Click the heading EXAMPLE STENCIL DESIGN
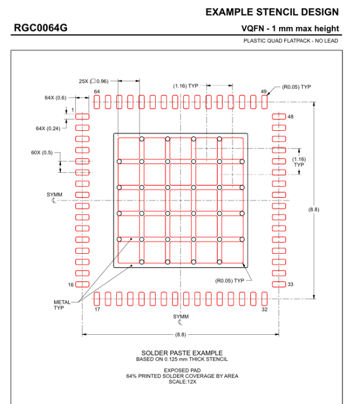[271, 12]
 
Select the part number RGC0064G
[41, 28]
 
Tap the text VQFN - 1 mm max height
[290, 29]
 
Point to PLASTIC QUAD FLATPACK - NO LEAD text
[291, 41]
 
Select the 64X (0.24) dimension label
[48, 128]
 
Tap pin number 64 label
[97, 91]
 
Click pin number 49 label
[263, 91]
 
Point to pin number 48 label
[290, 117]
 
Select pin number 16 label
[71, 284]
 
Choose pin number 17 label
[97, 309]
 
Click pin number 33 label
[290, 284]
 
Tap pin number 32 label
[264, 309]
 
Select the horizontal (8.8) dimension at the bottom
[181, 335]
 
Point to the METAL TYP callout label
[62, 305]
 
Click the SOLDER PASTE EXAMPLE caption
[182, 353]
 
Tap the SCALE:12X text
[182, 381]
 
